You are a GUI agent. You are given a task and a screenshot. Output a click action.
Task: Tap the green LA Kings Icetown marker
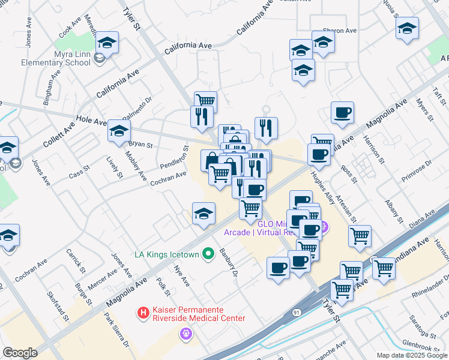(x=208, y=254)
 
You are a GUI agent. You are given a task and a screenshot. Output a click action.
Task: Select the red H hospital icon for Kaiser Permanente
(x=143, y=313)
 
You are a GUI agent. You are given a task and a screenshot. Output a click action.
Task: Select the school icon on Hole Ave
(x=119, y=130)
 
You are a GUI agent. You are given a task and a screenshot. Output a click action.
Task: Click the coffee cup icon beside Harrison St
(x=342, y=113)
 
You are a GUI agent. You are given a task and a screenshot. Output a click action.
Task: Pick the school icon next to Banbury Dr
(x=203, y=214)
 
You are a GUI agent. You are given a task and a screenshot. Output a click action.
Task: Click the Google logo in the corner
(x=20, y=353)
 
